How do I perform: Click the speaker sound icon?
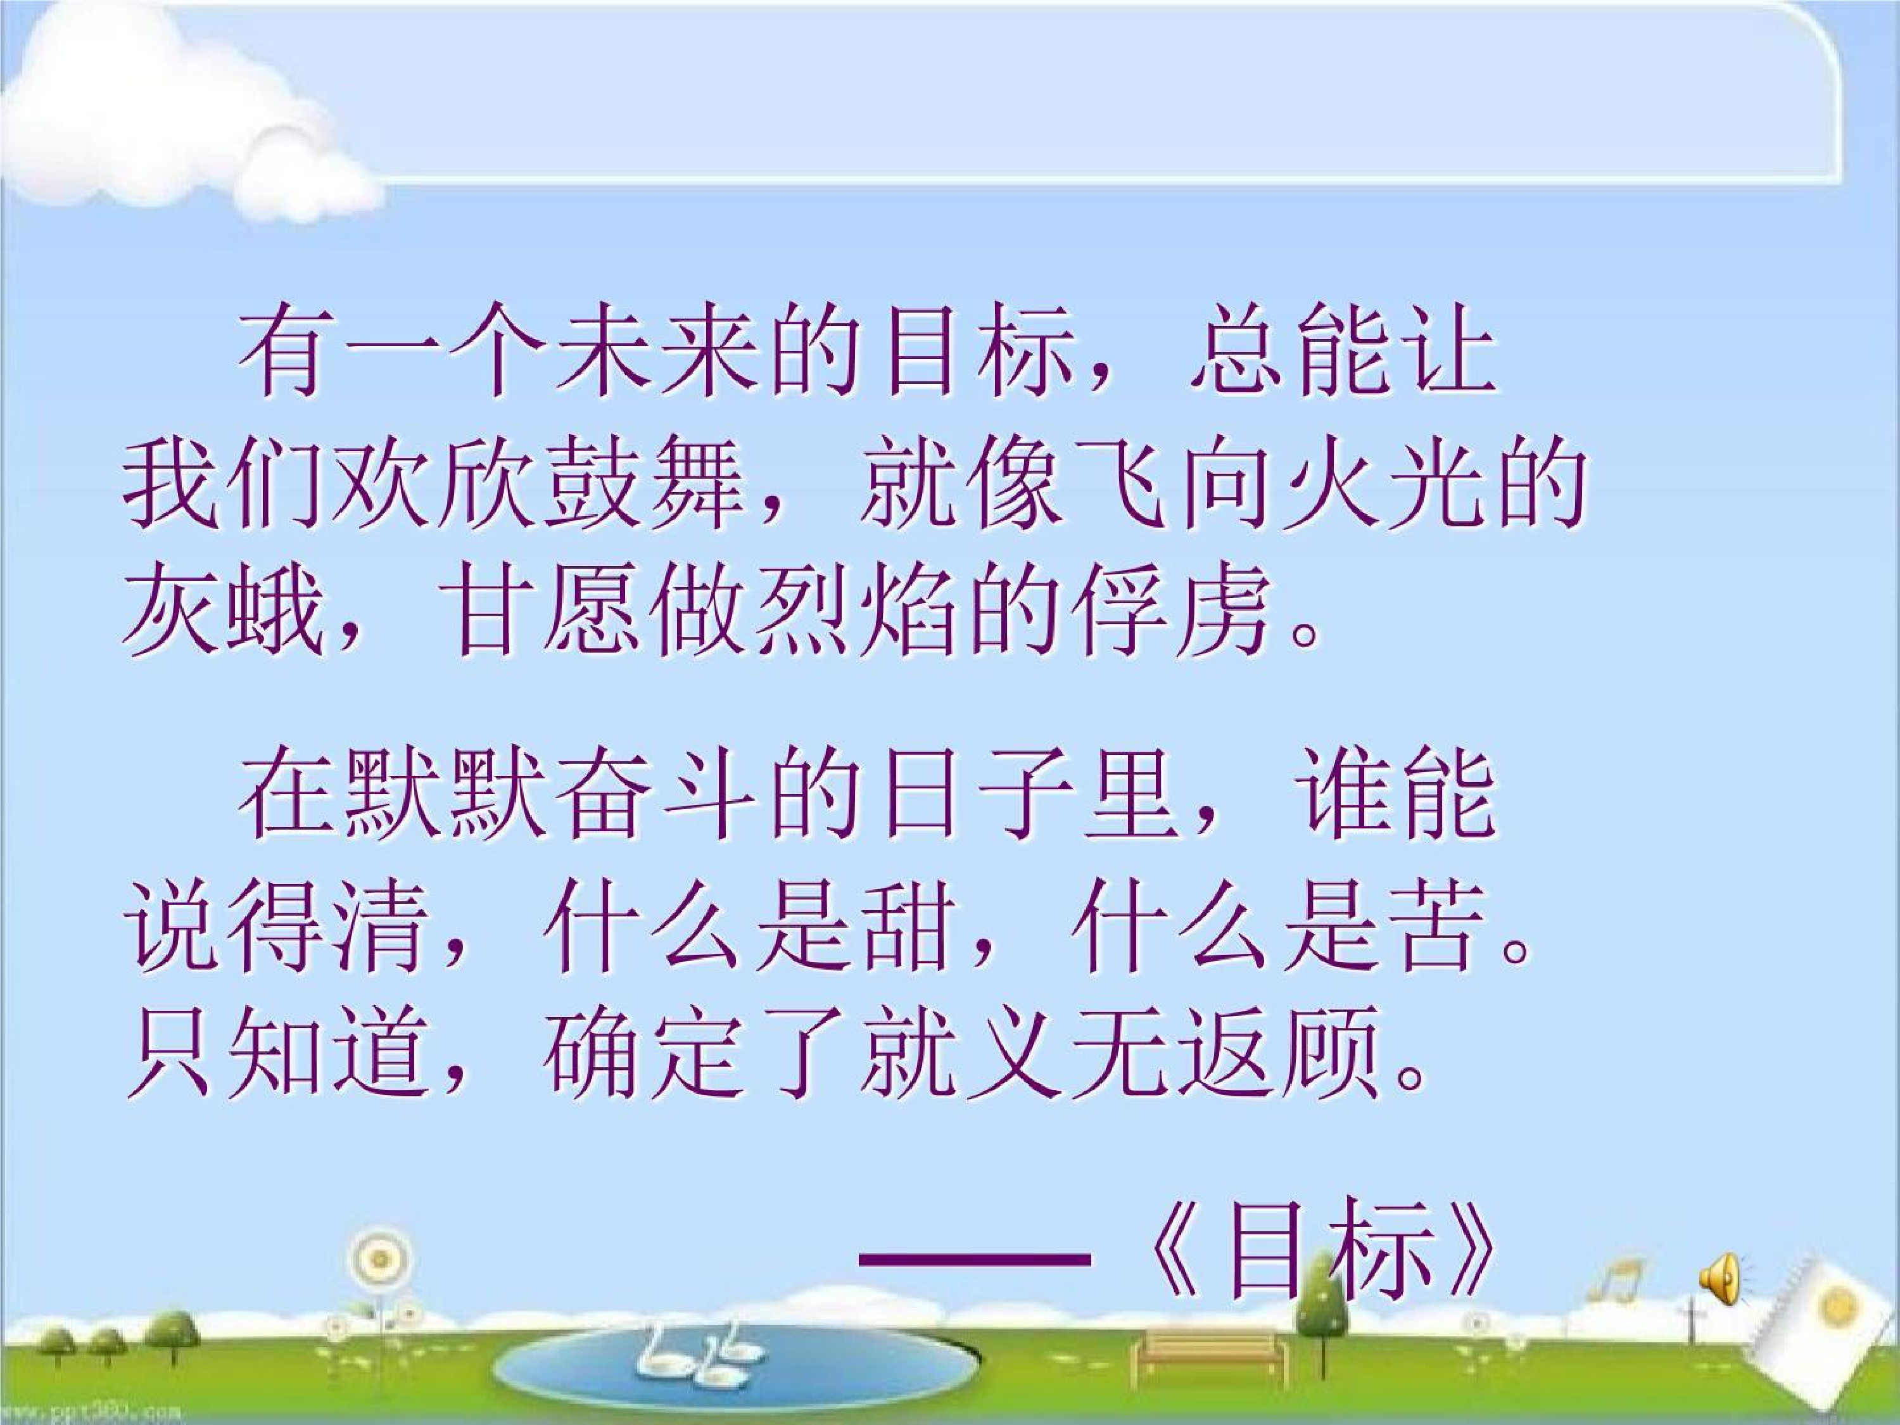click(1721, 1278)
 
